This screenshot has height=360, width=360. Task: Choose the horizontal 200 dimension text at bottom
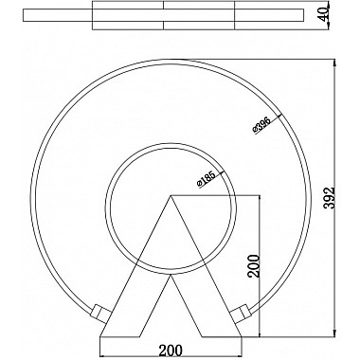(x=171, y=350)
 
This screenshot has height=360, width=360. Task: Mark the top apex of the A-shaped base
(x=171, y=196)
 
